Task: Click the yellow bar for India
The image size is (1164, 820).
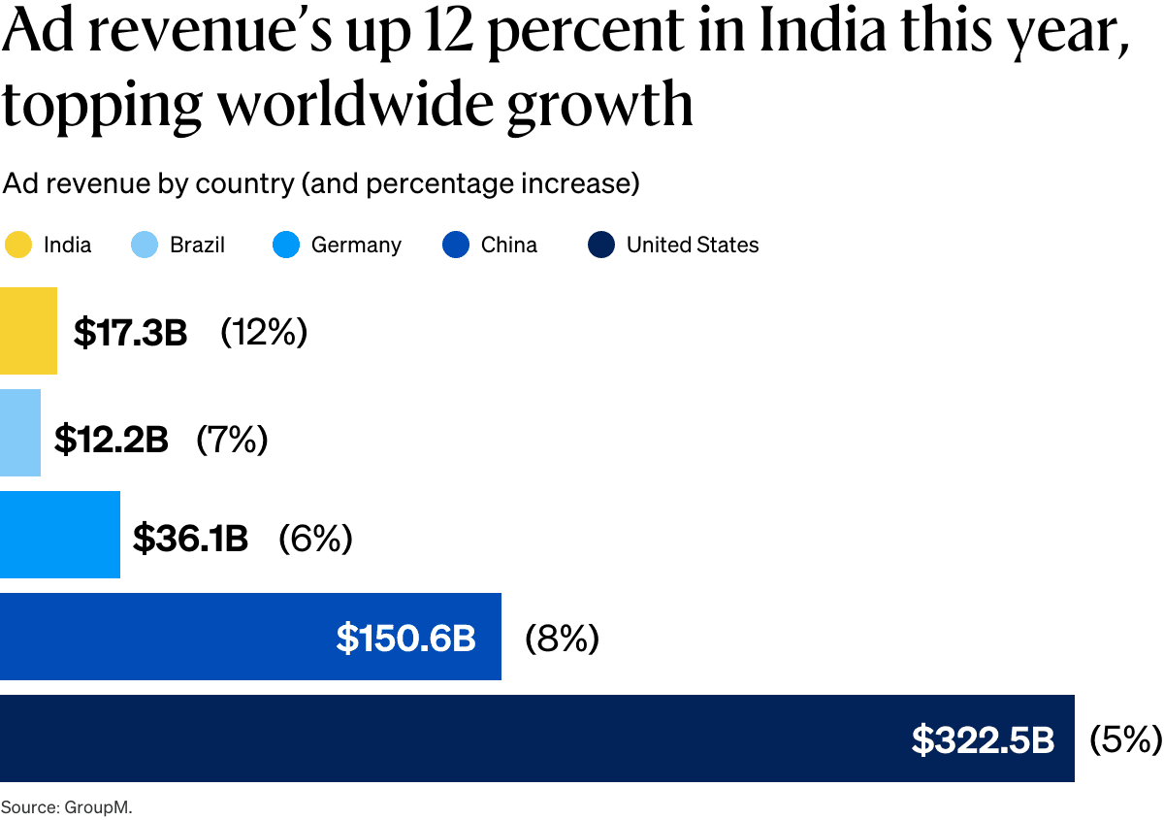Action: tap(28, 331)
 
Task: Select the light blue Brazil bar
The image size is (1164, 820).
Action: tap(20, 433)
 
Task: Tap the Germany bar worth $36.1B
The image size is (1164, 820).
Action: tap(60, 535)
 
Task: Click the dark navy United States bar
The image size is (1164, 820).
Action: tap(436, 738)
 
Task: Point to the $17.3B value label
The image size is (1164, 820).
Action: tap(130, 333)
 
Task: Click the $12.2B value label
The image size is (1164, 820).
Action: tap(111, 440)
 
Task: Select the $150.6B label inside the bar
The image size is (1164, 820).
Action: tap(405, 639)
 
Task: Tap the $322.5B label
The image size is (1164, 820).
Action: tap(983, 740)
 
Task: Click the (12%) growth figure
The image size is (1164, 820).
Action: tap(264, 332)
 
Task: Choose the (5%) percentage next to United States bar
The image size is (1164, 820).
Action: tap(1125, 739)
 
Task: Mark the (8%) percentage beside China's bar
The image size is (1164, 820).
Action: tap(562, 639)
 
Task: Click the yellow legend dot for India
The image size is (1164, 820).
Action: tap(18, 246)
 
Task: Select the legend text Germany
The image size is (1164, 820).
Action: tap(356, 246)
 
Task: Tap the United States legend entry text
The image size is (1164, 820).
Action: tap(692, 246)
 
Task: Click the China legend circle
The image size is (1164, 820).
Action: tap(455, 246)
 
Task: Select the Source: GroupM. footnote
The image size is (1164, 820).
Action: tap(66, 806)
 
